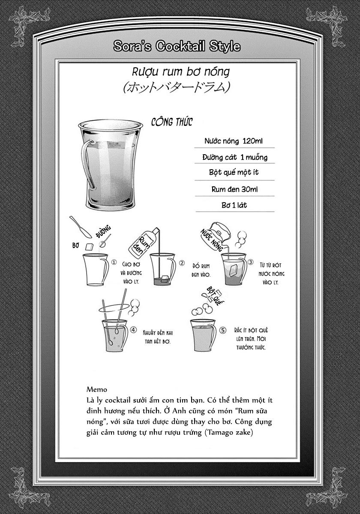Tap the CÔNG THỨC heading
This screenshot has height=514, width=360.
coord(172,122)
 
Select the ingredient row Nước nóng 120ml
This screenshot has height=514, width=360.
coord(234,141)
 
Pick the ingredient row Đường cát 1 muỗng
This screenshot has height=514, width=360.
coord(234,157)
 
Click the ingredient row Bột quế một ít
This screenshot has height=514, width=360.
coord(234,172)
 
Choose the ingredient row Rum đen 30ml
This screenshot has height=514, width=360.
coord(234,188)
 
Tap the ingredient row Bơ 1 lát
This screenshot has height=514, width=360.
coord(234,205)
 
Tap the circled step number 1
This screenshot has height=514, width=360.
coord(114,262)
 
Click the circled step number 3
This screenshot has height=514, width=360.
coord(250,262)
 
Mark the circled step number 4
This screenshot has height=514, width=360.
coord(133,330)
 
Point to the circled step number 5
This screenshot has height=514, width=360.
coord(222,330)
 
